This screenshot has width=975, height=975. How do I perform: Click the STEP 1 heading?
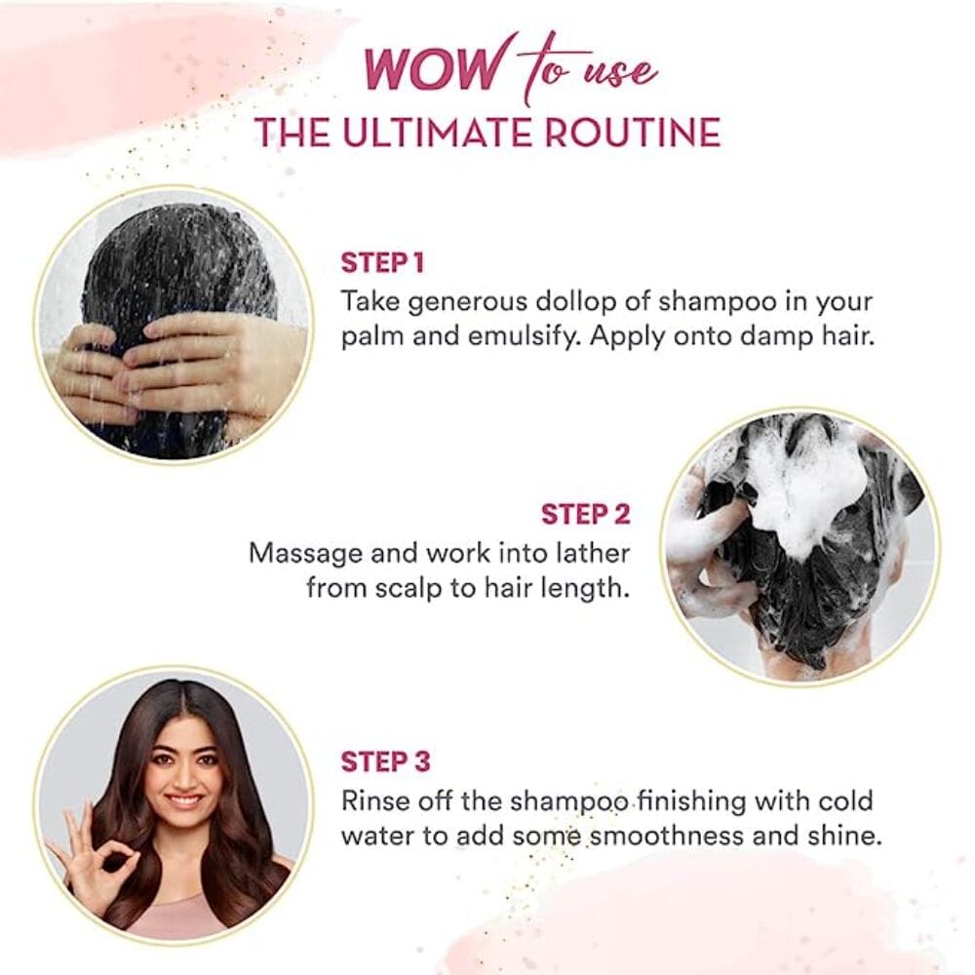point(382,262)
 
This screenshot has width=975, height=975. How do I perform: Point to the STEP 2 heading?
point(585,514)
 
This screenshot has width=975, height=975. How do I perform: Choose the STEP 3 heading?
point(385,761)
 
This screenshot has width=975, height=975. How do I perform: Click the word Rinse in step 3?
point(375,800)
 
